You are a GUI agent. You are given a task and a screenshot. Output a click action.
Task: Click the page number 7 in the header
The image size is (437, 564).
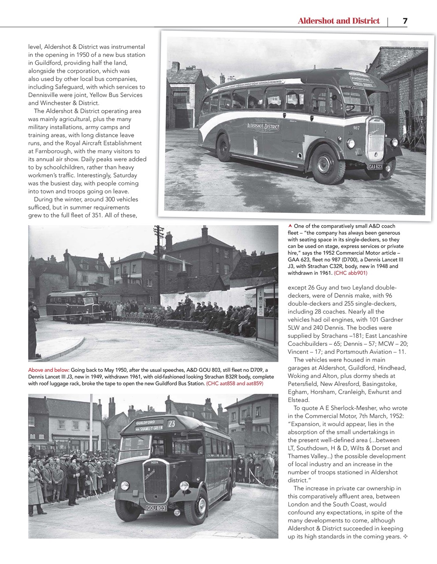[x=404, y=21]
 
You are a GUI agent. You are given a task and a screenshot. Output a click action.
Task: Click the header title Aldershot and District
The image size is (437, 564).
[x=338, y=21]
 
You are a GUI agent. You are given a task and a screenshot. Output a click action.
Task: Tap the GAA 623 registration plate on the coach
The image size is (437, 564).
[x=375, y=166]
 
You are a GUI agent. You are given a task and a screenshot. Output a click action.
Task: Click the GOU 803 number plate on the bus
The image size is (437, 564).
[x=156, y=508]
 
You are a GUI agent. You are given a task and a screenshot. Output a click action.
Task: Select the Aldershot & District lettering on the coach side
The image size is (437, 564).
[x=263, y=127]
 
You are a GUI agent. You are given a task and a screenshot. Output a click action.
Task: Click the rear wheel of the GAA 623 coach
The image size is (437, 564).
[x=223, y=148]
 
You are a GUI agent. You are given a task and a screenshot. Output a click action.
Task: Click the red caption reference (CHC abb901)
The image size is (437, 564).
[x=351, y=273]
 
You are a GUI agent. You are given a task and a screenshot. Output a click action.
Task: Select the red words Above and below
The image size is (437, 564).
[x=49, y=370]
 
